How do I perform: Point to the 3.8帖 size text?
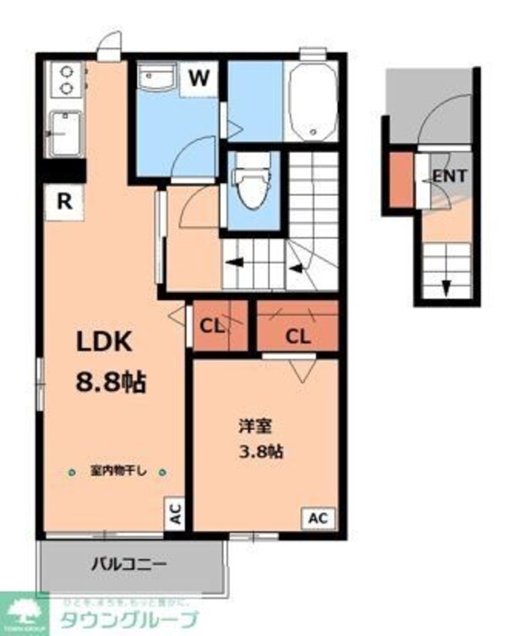point(259,451)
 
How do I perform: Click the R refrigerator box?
point(63,202)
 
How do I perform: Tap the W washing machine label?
point(199,79)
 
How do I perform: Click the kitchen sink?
point(63,134)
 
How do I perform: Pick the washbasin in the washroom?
point(157,81)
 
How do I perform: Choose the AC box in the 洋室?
point(320,518)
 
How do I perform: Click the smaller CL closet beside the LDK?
point(212,325)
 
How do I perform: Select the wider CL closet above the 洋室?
point(297,335)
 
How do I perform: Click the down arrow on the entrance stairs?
point(444,288)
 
